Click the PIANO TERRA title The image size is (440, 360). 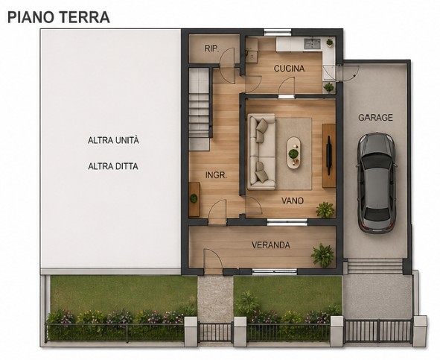[x=59, y=16]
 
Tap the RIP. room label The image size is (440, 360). [x=211, y=49]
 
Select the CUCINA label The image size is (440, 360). [x=288, y=69]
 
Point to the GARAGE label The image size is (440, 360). [x=375, y=118]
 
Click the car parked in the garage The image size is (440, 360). [x=376, y=182]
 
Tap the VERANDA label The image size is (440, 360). [x=270, y=245]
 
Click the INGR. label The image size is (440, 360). [x=216, y=175]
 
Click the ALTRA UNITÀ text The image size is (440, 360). [x=113, y=140]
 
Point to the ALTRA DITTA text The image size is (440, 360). [x=112, y=166]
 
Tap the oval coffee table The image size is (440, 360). [x=294, y=153]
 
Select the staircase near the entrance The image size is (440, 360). [x=200, y=108]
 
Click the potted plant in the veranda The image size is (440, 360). [x=323, y=255]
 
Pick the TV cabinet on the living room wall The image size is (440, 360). [x=328, y=154]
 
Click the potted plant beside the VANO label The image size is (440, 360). [x=325, y=209]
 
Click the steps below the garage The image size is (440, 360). [x=374, y=266]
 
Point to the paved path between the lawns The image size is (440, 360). [x=215, y=298]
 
